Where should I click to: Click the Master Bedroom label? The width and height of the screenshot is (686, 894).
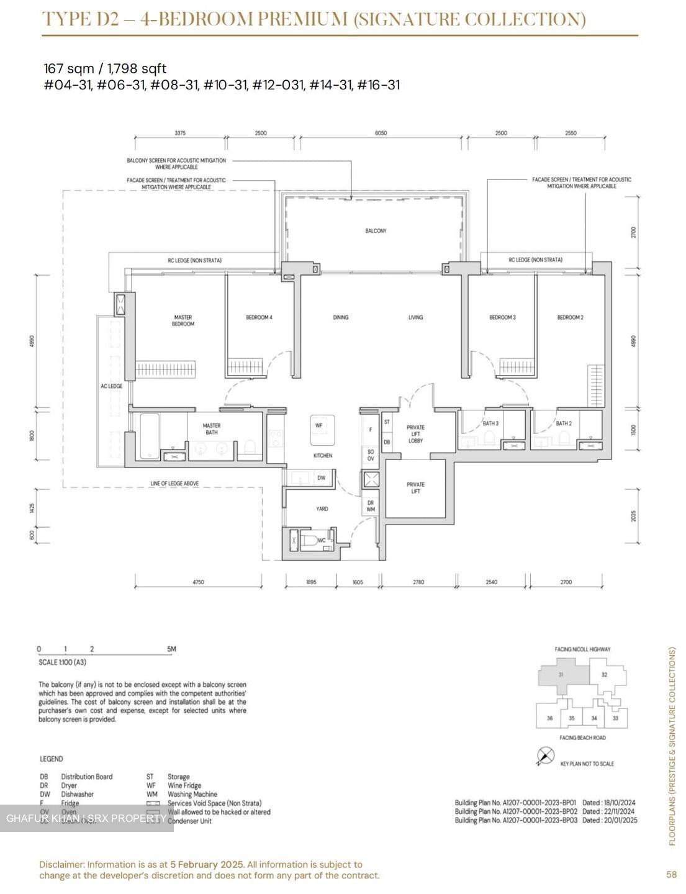[x=183, y=320]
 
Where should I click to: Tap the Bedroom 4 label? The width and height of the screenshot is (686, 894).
[x=259, y=317]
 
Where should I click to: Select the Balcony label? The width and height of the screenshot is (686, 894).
[x=376, y=231]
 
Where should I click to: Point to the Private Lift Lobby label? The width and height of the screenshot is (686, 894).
[x=415, y=434]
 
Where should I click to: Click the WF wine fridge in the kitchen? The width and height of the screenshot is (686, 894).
[x=319, y=426]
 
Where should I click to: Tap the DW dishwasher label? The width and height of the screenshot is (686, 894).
[x=321, y=478]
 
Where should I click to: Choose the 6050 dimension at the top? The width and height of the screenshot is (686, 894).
[x=381, y=133]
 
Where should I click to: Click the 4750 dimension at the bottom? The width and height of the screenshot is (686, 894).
[x=198, y=582]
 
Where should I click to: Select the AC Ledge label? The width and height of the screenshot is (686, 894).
[x=112, y=386]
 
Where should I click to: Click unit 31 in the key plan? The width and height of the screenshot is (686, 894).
[x=561, y=675]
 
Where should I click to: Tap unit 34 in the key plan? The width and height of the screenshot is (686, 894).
[x=594, y=718]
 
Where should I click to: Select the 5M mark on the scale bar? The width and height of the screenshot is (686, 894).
[x=171, y=649]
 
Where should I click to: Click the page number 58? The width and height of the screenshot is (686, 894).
[x=671, y=875]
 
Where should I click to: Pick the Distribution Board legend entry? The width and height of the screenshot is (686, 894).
[x=86, y=777]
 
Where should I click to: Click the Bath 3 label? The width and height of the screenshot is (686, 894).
[x=490, y=423]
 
